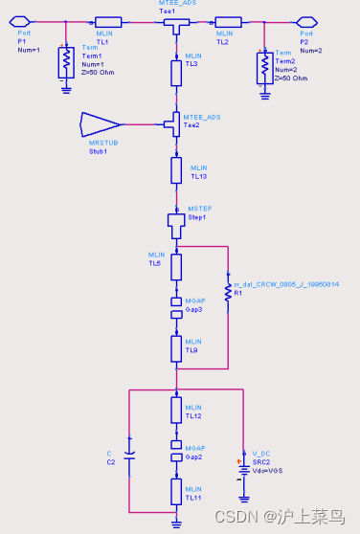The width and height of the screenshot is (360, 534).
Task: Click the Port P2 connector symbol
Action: [x=307, y=21]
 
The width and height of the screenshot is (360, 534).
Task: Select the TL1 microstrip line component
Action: [x=108, y=21]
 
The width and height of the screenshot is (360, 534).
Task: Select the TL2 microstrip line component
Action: [x=228, y=21]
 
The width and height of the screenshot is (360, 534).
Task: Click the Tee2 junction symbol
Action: [x=175, y=123]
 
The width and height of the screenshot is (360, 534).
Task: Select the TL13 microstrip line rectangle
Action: [x=176, y=170]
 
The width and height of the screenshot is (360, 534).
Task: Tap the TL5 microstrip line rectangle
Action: [x=176, y=267]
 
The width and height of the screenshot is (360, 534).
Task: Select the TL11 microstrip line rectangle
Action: [x=176, y=492]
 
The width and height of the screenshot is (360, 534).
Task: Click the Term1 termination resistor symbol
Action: [x=65, y=64]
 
